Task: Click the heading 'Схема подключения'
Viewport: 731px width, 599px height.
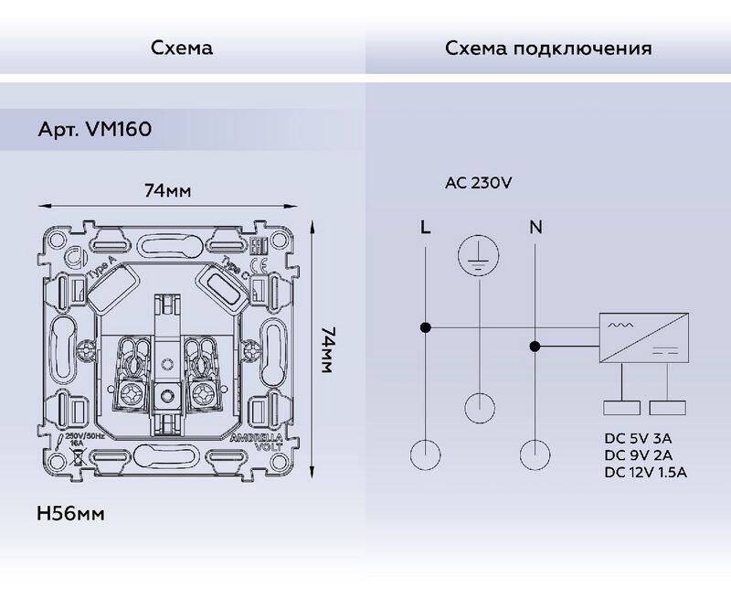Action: coord(548,48)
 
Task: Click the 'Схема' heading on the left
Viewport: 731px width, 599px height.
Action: coord(182,48)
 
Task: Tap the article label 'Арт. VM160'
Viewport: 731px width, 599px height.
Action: coord(94,130)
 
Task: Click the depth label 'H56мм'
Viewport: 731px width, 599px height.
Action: coord(70,514)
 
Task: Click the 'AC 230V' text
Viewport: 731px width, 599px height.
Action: coord(478,182)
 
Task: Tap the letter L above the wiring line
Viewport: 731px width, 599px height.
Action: coord(425,227)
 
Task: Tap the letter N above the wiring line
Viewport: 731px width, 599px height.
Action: coord(535,227)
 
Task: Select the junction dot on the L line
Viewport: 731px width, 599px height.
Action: coord(425,326)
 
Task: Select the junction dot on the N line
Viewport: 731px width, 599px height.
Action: coord(535,346)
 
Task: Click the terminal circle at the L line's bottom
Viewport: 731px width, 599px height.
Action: coord(425,455)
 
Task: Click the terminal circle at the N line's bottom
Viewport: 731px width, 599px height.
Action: coord(535,455)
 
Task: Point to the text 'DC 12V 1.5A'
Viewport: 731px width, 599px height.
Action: coord(645,472)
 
